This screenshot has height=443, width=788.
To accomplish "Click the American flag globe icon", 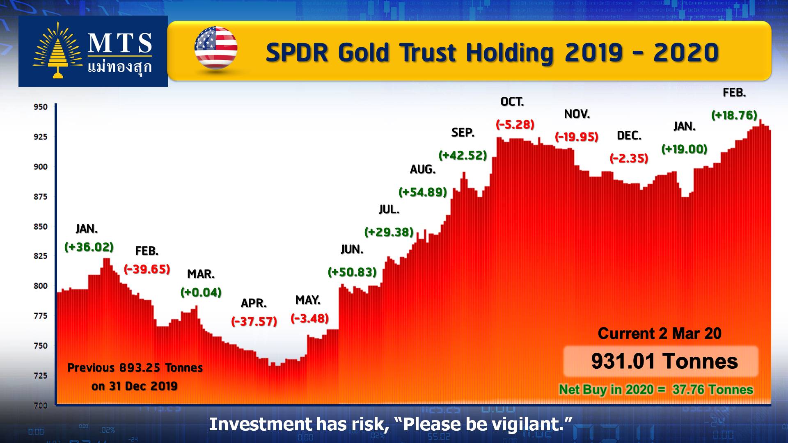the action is pyautogui.click(x=216, y=48).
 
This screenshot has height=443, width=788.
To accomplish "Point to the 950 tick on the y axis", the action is pyautogui.click(x=41, y=107).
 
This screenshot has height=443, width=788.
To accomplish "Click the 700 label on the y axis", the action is pyautogui.click(x=41, y=405).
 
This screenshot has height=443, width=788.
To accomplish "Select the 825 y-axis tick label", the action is pyautogui.click(x=41, y=256).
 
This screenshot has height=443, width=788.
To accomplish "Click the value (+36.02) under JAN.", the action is pyautogui.click(x=89, y=247).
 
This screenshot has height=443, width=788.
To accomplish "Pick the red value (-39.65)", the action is pyautogui.click(x=147, y=269).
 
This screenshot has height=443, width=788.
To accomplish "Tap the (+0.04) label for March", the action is pyautogui.click(x=201, y=292).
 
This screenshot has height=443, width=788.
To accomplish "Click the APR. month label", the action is pyautogui.click(x=254, y=303).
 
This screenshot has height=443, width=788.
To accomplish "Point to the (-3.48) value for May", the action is pyautogui.click(x=310, y=318).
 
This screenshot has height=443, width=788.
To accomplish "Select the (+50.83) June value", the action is pyautogui.click(x=352, y=272).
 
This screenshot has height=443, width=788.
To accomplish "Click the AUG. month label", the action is pyautogui.click(x=423, y=169).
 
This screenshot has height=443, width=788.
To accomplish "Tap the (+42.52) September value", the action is pyautogui.click(x=463, y=155).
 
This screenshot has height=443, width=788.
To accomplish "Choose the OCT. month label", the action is pyautogui.click(x=512, y=102).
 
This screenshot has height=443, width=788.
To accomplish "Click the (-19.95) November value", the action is pyautogui.click(x=577, y=137).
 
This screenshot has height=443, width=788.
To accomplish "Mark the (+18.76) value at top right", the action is pyautogui.click(x=734, y=115).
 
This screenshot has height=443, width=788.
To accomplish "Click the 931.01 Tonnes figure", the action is pyautogui.click(x=664, y=361).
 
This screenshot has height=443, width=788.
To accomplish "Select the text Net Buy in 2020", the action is pyautogui.click(x=606, y=389).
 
